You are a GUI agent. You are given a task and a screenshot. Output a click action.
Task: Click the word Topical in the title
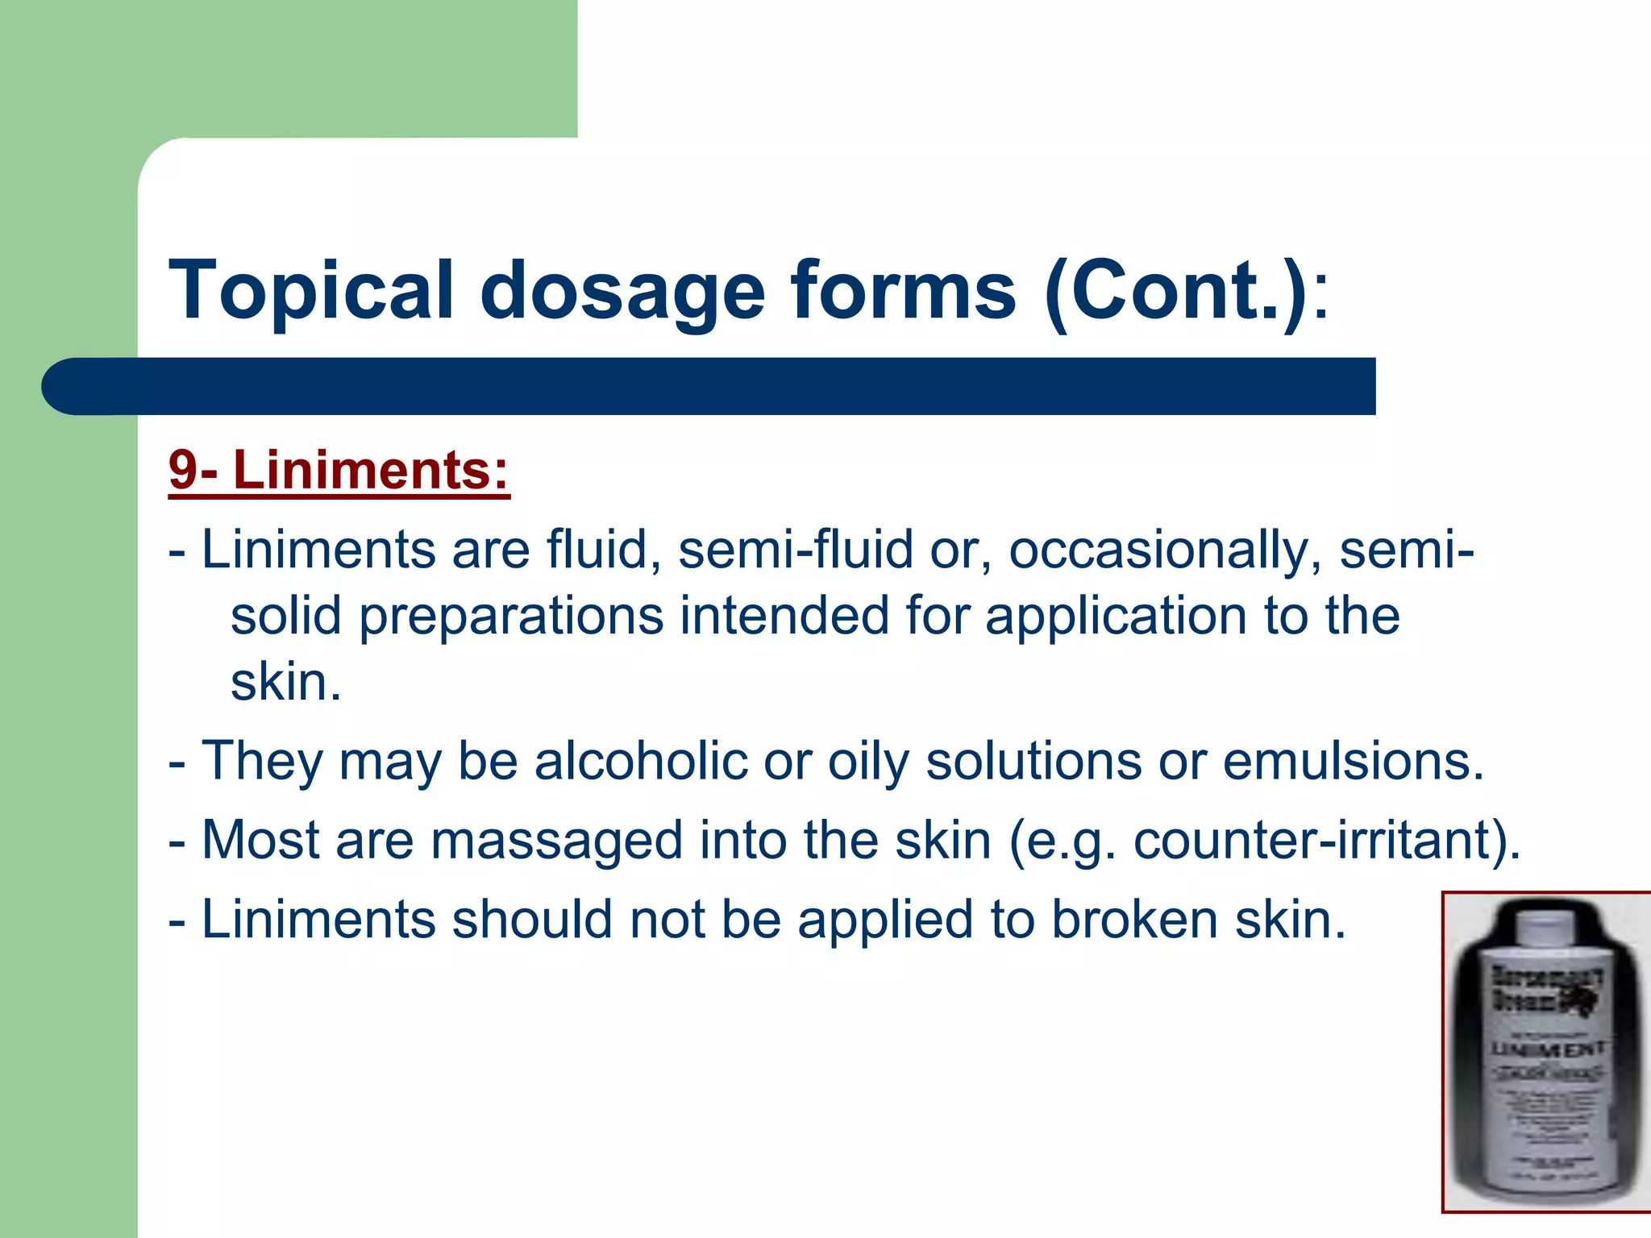click(311, 290)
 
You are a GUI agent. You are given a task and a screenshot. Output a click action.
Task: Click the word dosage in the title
click(622, 290)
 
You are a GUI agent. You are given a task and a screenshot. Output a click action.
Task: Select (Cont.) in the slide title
click(1175, 290)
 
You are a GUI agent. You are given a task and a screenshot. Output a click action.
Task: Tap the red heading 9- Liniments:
click(339, 471)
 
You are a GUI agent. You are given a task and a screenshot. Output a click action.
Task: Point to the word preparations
click(511, 617)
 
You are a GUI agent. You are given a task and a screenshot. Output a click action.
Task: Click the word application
click(1116, 617)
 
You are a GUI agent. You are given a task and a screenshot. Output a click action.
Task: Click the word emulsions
click(1354, 761)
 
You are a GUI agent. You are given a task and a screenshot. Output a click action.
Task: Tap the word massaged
click(557, 840)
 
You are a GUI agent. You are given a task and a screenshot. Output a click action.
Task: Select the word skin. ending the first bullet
click(286, 683)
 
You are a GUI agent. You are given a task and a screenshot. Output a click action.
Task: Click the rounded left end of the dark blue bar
click(69, 387)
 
